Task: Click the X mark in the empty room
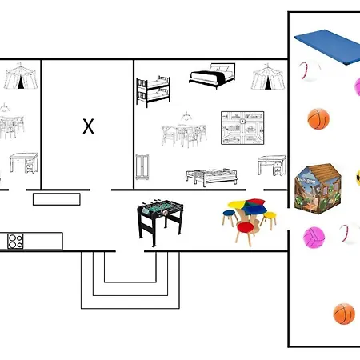(x=88, y=126)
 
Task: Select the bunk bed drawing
(x=153, y=91)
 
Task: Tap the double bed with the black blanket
(x=212, y=75)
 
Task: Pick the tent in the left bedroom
(x=21, y=76)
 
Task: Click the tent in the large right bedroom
(x=268, y=77)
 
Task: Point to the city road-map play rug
(x=242, y=128)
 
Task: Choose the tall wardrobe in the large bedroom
(x=142, y=166)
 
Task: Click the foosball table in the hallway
(x=160, y=222)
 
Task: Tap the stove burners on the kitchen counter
(x=15, y=241)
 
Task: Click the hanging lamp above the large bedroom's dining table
(x=186, y=116)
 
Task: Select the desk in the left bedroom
(x=24, y=162)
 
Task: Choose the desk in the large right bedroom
(x=272, y=166)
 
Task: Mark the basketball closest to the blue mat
(x=318, y=119)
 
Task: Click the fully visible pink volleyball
(x=314, y=238)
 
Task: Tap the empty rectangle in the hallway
(x=57, y=199)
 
